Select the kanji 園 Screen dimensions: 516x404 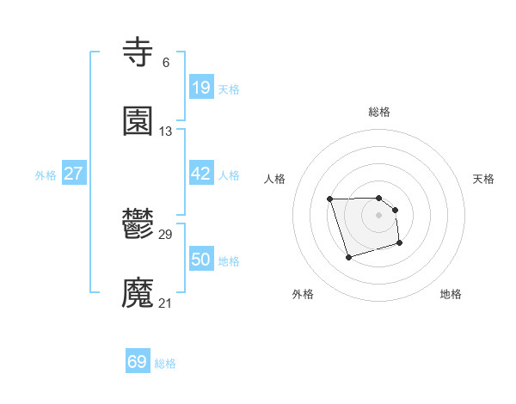(x=138, y=122)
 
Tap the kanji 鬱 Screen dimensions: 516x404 (x=138, y=225)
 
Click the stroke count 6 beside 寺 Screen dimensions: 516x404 (x=165, y=63)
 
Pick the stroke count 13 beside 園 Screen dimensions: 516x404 (x=166, y=132)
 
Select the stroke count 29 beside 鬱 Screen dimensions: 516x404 (x=166, y=235)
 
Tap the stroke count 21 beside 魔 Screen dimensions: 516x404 (x=166, y=303)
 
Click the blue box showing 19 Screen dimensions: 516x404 (x=200, y=88)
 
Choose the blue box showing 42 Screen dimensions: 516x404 (x=200, y=174)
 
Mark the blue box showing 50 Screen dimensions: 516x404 (x=200, y=260)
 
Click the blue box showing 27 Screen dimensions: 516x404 (x=74, y=174)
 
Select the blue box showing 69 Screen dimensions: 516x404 (x=138, y=362)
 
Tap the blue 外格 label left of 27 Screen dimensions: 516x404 (x=46, y=174)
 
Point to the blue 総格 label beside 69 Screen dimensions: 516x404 (x=165, y=364)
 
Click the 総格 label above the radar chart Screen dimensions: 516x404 (x=379, y=112)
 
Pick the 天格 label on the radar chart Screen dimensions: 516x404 (x=484, y=179)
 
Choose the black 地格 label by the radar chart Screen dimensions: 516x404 (x=451, y=294)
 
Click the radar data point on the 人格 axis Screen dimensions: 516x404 (x=330, y=199)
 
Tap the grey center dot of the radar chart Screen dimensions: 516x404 (x=379, y=214)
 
